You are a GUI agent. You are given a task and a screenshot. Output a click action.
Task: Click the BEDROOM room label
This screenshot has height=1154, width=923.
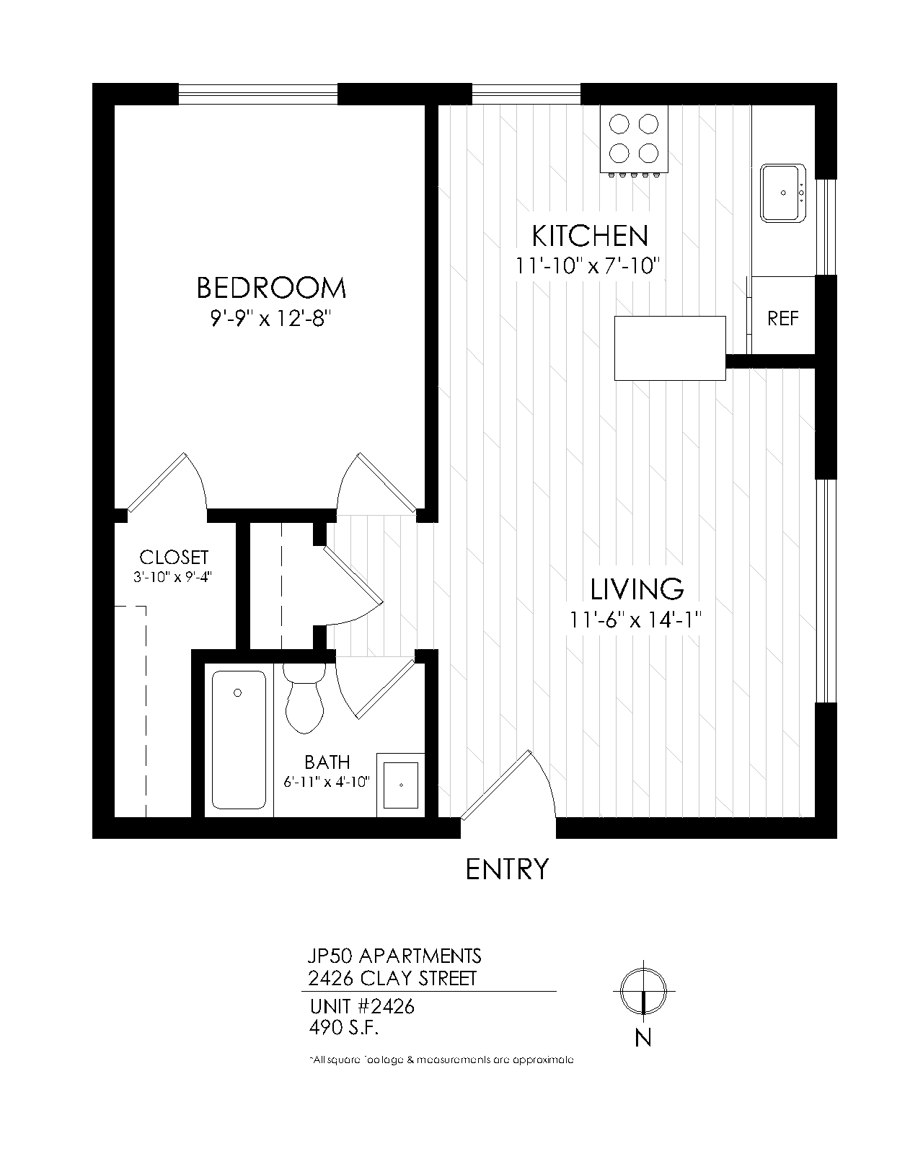point(271,288)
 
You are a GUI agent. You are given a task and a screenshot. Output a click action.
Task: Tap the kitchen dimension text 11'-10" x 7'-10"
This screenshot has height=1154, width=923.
point(588,266)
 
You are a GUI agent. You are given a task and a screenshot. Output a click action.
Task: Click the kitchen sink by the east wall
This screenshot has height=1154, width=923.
point(782,193)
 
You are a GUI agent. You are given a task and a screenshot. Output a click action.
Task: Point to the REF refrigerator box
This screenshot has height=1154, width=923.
point(782,318)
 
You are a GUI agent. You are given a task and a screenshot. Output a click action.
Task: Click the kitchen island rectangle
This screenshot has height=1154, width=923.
point(670,348)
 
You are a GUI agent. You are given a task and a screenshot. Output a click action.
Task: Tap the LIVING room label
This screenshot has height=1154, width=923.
point(637,589)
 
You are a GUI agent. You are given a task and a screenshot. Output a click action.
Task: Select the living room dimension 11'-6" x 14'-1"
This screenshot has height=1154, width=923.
point(635,620)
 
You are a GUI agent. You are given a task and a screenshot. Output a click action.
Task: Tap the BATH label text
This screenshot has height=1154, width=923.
point(327,762)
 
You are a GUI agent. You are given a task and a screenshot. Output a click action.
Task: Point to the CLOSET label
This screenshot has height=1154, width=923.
point(174,558)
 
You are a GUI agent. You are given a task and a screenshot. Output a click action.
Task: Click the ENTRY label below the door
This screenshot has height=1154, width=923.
point(507,869)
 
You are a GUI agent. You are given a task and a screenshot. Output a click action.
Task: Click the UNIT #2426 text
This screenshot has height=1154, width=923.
point(362,1006)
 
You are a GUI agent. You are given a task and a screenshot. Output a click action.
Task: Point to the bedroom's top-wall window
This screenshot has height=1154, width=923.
point(257,94)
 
